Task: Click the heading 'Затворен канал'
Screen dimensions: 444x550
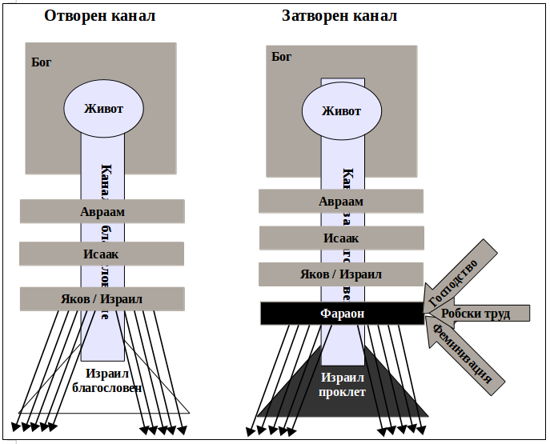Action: pyautogui.click(x=339, y=15)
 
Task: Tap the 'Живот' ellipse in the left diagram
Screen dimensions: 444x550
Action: pyautogui.click(x=104, y=109)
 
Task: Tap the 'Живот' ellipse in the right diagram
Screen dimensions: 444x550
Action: pyautogui.click(x=341, y=110)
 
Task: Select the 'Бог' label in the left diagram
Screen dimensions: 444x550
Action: pyautogui.click(x=41, y=62)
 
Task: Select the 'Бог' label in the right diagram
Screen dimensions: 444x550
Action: pyautogui.click(x=281, y=56)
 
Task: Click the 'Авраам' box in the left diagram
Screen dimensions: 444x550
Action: pyautogui.click(x=102, y=212)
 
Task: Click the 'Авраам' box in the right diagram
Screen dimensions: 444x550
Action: pyautogui.click(x=341, y=202)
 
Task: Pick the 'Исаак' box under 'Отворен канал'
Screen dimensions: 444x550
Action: pyautogui.click(x=102, y=254)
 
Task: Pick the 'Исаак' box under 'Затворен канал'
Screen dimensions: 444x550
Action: pyautogui.click(x=341, y=238)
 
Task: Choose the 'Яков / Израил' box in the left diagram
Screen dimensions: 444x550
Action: pyautogui.click(x=102, y=299)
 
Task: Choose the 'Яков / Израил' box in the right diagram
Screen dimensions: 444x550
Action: pyautogui.click(x=341, y=274)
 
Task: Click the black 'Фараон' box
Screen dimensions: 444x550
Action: pyautogui.click(x=342, y=314)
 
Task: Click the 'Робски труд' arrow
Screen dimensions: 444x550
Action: pyautogui.click(x=476, y=314)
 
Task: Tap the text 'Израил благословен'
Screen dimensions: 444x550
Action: pyautogui.click(x=106, y=381)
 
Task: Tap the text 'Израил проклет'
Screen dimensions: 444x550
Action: pyautogui.click(x=343, y=385)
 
